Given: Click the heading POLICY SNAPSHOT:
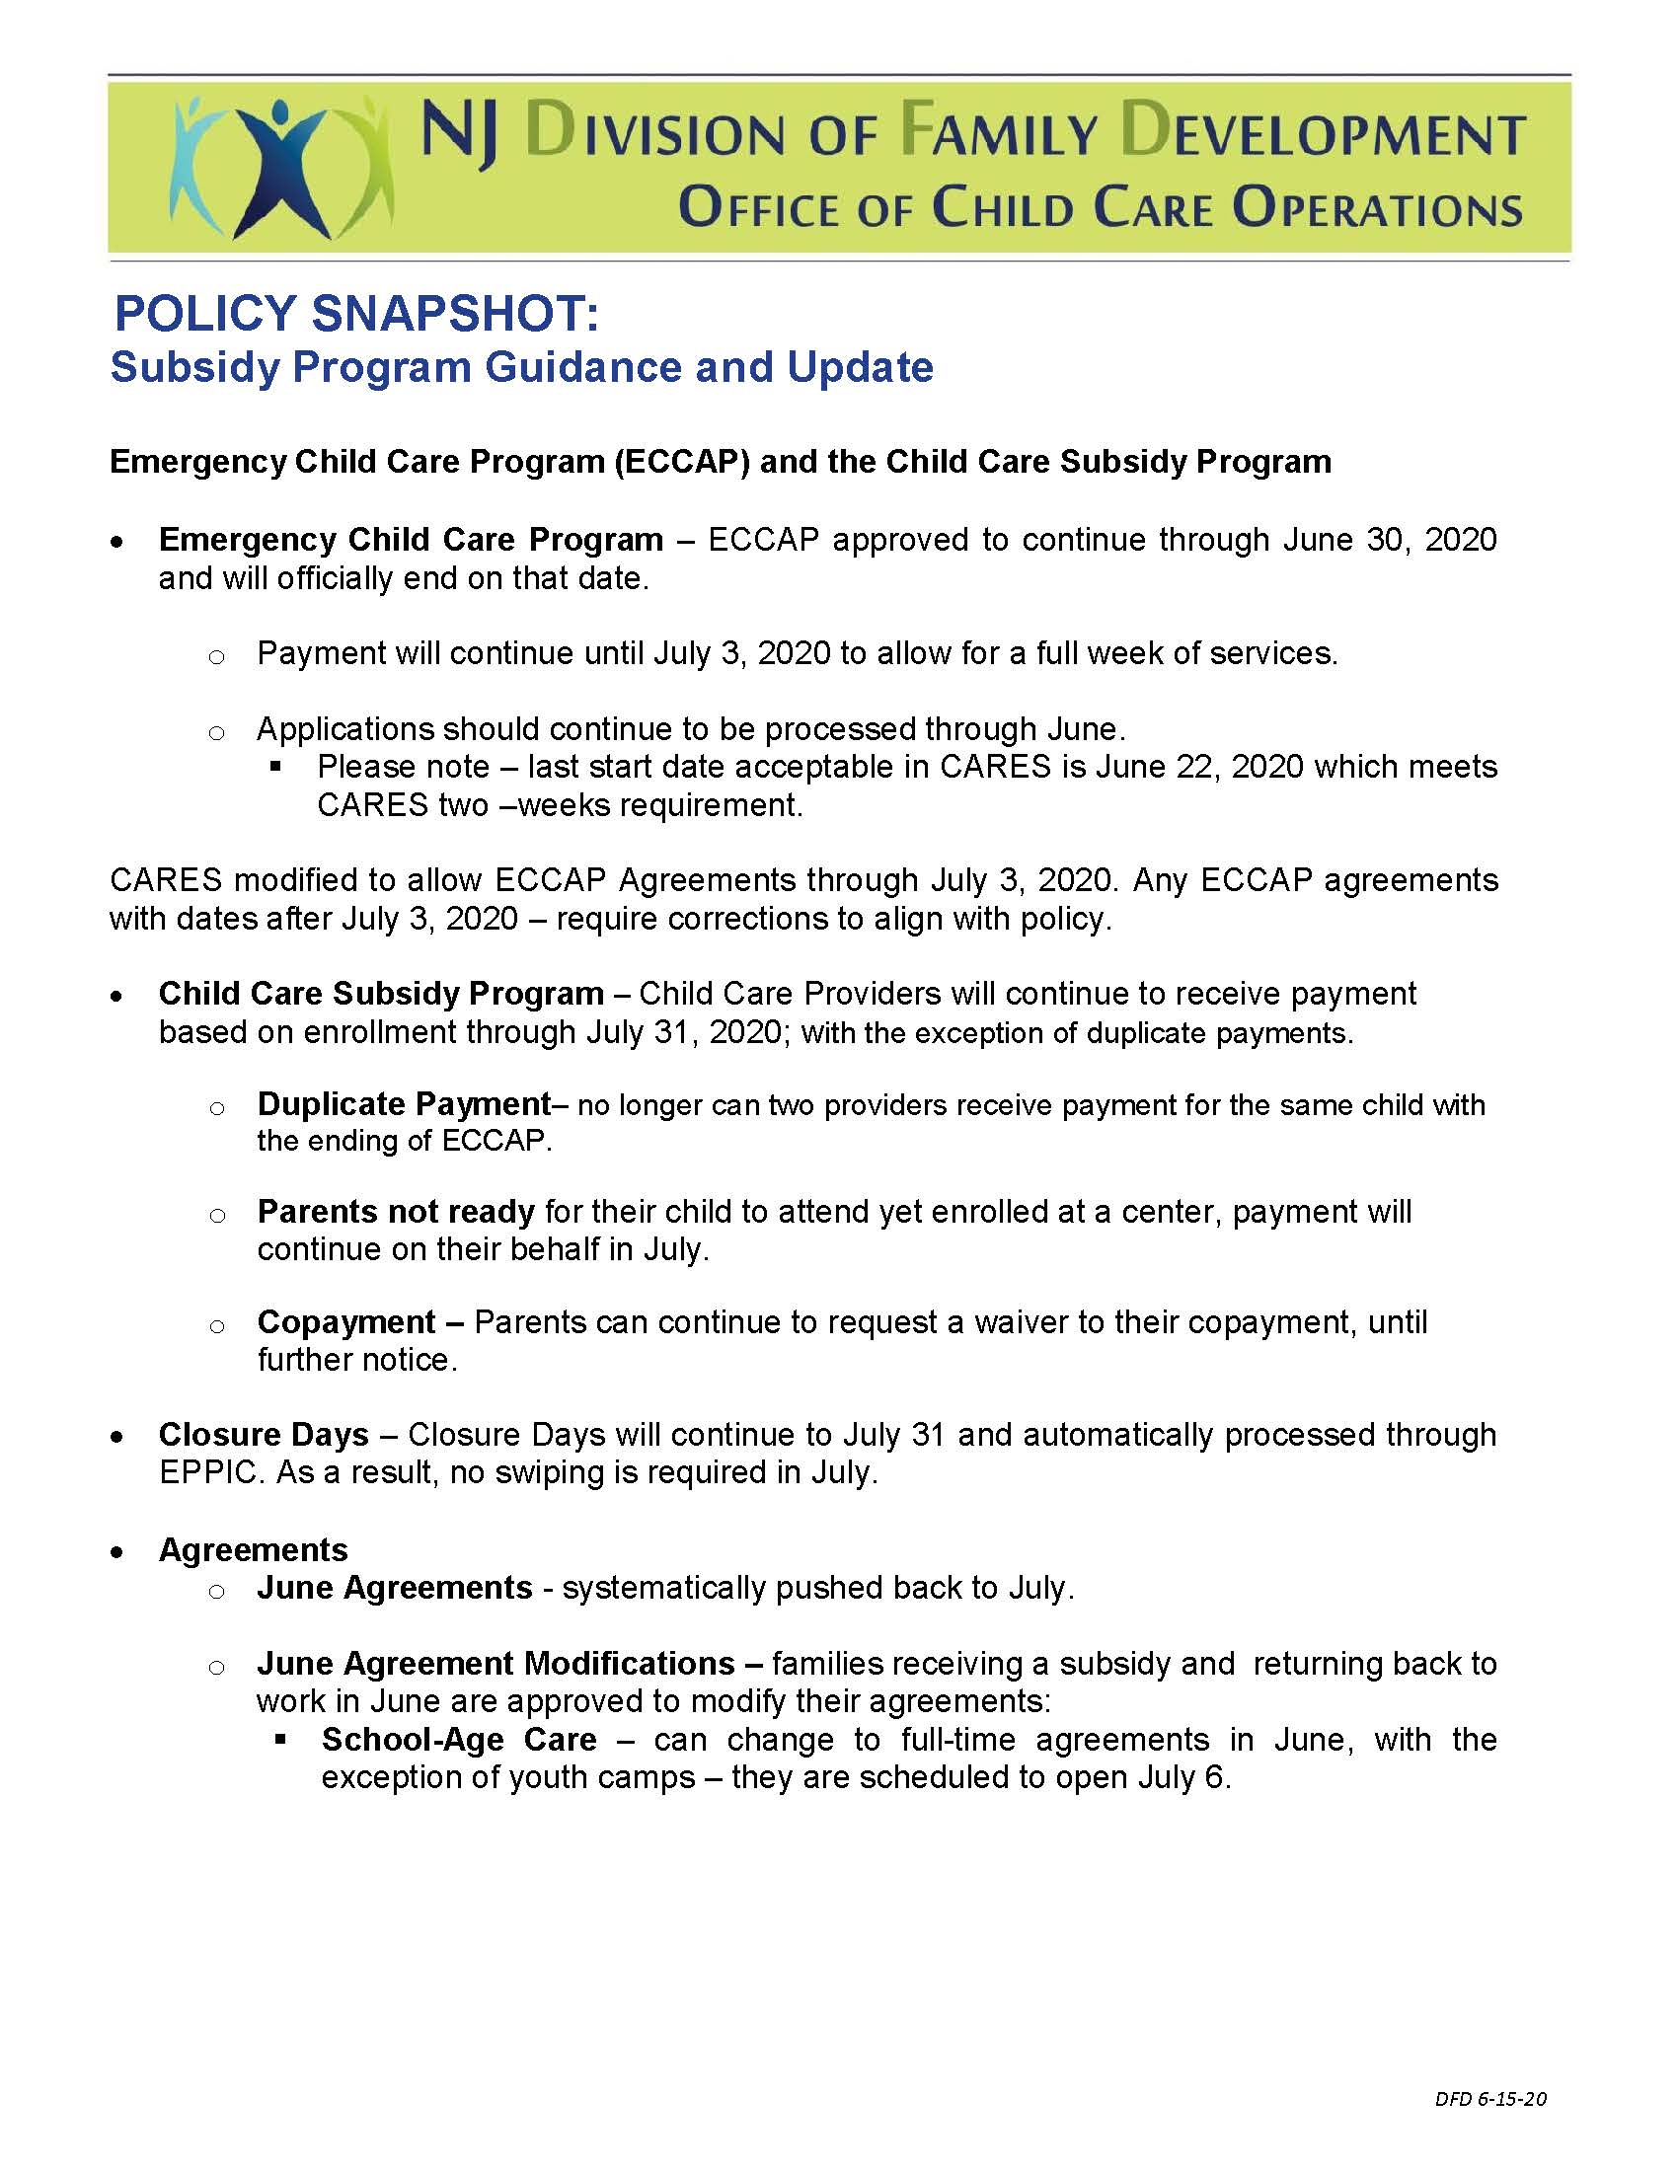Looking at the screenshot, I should tap(356, 315).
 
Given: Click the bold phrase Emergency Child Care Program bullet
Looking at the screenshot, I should tap(411, 540).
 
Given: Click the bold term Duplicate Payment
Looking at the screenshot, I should tap(404, 1104).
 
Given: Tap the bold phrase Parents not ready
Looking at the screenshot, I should tap(396, 1212).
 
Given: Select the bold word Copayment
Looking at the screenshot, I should tap(345, 1322).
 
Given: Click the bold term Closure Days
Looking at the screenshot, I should tap(264, 1435).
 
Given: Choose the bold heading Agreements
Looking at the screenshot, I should tap(254, 1549).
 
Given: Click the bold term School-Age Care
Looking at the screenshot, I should tap(459, 1739).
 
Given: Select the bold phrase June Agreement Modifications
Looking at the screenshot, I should tap(496, 1663).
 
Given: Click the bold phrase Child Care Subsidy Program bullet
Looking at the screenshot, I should tap(381, 994).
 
